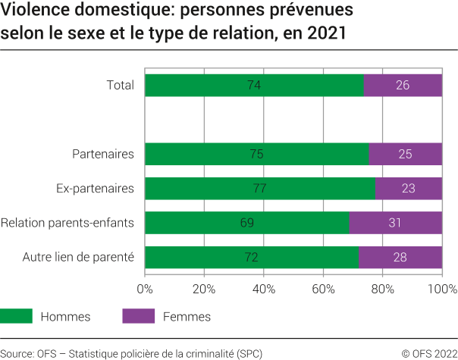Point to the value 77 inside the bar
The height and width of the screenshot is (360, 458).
(x=259, y=188)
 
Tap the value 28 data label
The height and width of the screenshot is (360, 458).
(x=400, y=257)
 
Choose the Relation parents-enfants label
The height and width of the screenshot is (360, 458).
(x=67, y=223)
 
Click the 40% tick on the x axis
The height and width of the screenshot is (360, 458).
(x=263, y=289)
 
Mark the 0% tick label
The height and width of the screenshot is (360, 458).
(x=145, y=289)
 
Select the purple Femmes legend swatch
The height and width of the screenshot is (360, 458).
(x=138, y=316)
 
